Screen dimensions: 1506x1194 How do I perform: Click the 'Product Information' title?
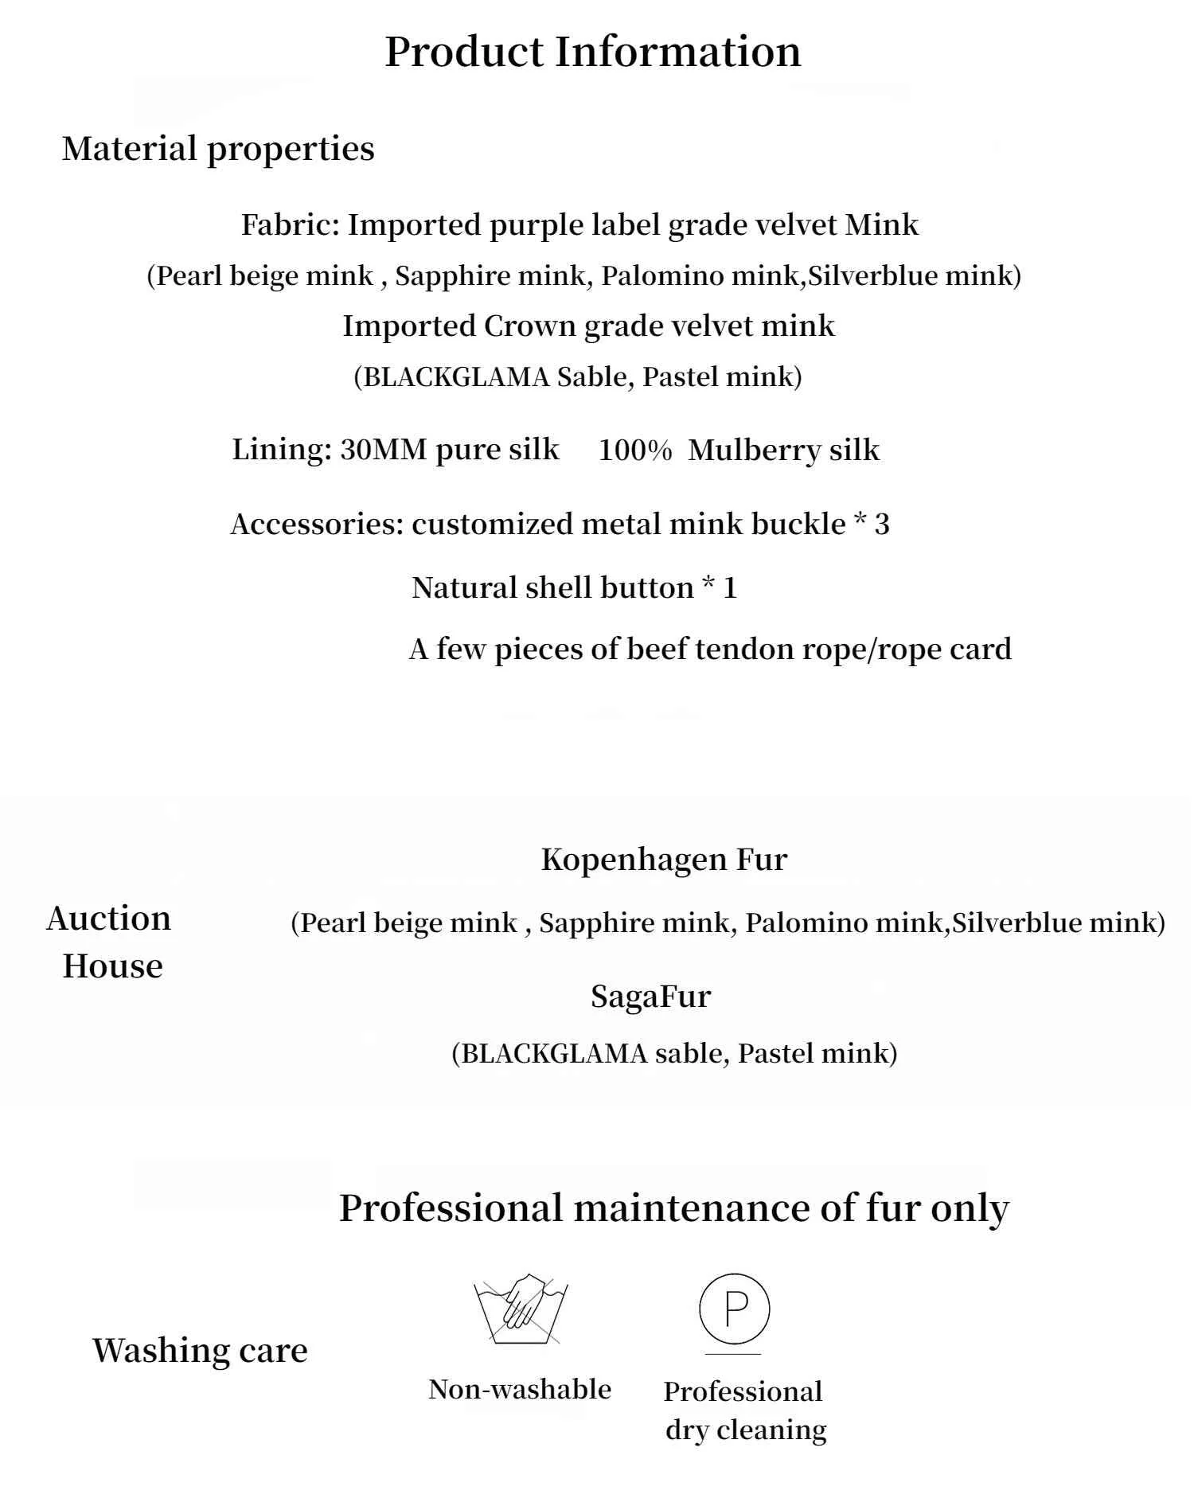[x=592, y=53]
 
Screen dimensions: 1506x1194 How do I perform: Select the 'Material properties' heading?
[x=218, y=149]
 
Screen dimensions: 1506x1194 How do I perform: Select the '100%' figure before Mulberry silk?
[x=634, y=451]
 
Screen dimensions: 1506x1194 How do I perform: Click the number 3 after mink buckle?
[x=881, y=525]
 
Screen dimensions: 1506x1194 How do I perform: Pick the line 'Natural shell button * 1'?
[x=574, y=588]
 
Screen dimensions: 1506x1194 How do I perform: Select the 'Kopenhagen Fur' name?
[x=664, y=860]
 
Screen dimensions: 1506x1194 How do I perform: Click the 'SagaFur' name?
[x=650, y=997]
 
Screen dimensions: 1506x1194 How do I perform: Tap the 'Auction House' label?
[x=110, y=942]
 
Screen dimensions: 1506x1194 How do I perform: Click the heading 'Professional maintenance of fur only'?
[x=673, y=1208]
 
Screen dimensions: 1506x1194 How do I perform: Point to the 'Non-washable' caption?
[x=520, y=1390]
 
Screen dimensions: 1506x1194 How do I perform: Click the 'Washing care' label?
[x=200, y=1351]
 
